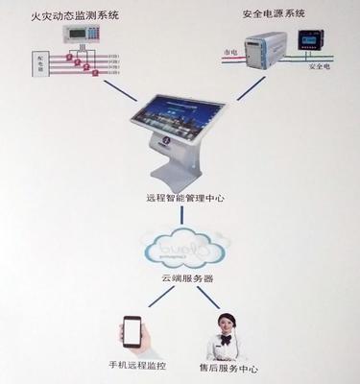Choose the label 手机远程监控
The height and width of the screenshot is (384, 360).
pos(133,366)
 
